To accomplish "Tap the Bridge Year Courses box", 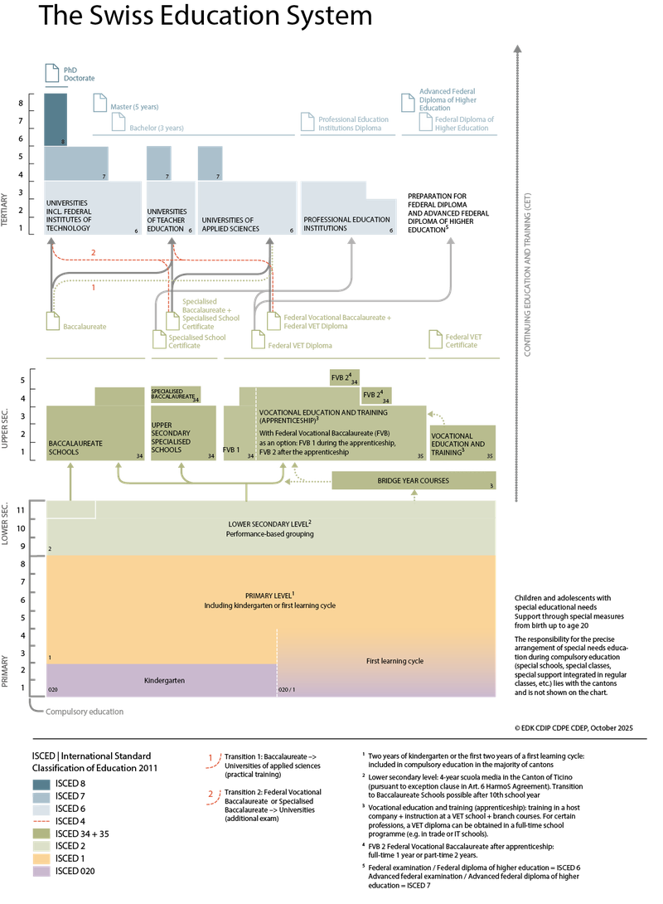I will pyautogui.click(x=414, y=481).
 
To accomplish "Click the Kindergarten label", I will pyautogui.click(x=163, y=681).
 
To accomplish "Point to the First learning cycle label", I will pyautogui.click(x=394, y=661).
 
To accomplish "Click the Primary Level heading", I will pyautogui.click(x=270, y=595).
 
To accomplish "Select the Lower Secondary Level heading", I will pyautogui.click(x=270, y=524).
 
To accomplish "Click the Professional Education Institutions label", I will pyautogui.click(x=346, y=224).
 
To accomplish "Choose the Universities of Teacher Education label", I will pyautogui.click(x=167, y=220).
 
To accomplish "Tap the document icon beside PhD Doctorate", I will pyautogui.click(x=51, y=73).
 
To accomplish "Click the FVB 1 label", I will pyautogui.click(x=230, y=450).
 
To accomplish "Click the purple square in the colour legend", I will pyautogui.click(x=41, y=872).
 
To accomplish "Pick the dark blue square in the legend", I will pyautogui.click(x=41, y=785).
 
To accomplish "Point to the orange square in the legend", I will pyautogui.click(x=41, y=858).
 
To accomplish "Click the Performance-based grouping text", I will pyautogui.click(x=270, y=535).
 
